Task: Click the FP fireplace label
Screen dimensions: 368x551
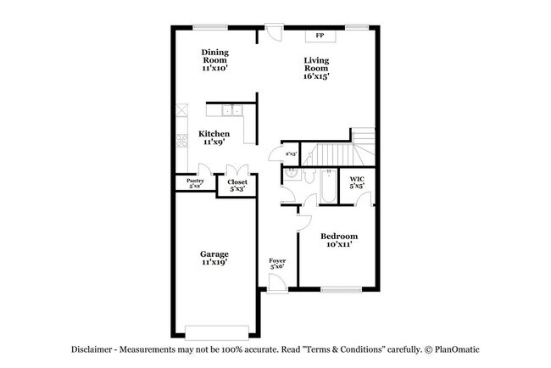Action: point(320,36)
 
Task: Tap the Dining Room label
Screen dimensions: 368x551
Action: point(214,59)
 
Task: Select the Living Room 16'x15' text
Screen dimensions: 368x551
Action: point(316,68)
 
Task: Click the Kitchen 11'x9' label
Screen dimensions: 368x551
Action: point(213,138)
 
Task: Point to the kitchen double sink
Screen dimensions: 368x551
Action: point(231,111)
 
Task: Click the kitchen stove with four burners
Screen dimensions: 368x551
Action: point(181,140)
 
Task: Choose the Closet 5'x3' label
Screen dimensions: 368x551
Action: point(237,186)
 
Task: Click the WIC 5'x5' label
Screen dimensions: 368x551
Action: point(357,182)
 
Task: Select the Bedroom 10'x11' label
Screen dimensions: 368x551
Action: point(338,240)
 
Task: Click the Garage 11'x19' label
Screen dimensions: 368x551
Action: point(214,258)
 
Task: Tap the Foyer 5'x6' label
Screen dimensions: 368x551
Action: point(277,264)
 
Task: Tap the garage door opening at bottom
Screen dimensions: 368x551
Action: point(219,331)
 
